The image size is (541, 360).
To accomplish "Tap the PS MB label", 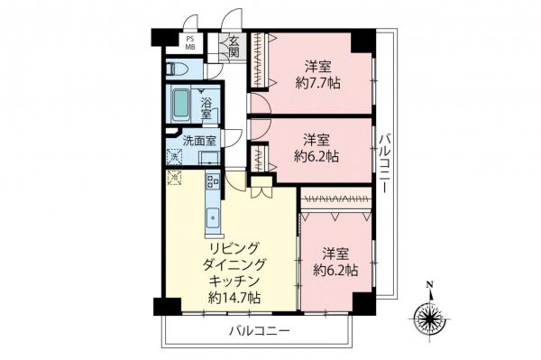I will tap(190, 43).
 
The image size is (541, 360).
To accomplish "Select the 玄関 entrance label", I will tap(233, 44).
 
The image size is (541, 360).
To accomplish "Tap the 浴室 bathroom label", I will tap(206, 108).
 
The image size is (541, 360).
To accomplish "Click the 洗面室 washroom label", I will tap(199, 141).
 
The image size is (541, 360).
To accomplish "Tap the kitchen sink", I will tap(215, 217).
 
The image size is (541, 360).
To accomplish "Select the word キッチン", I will tap(230, 280).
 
